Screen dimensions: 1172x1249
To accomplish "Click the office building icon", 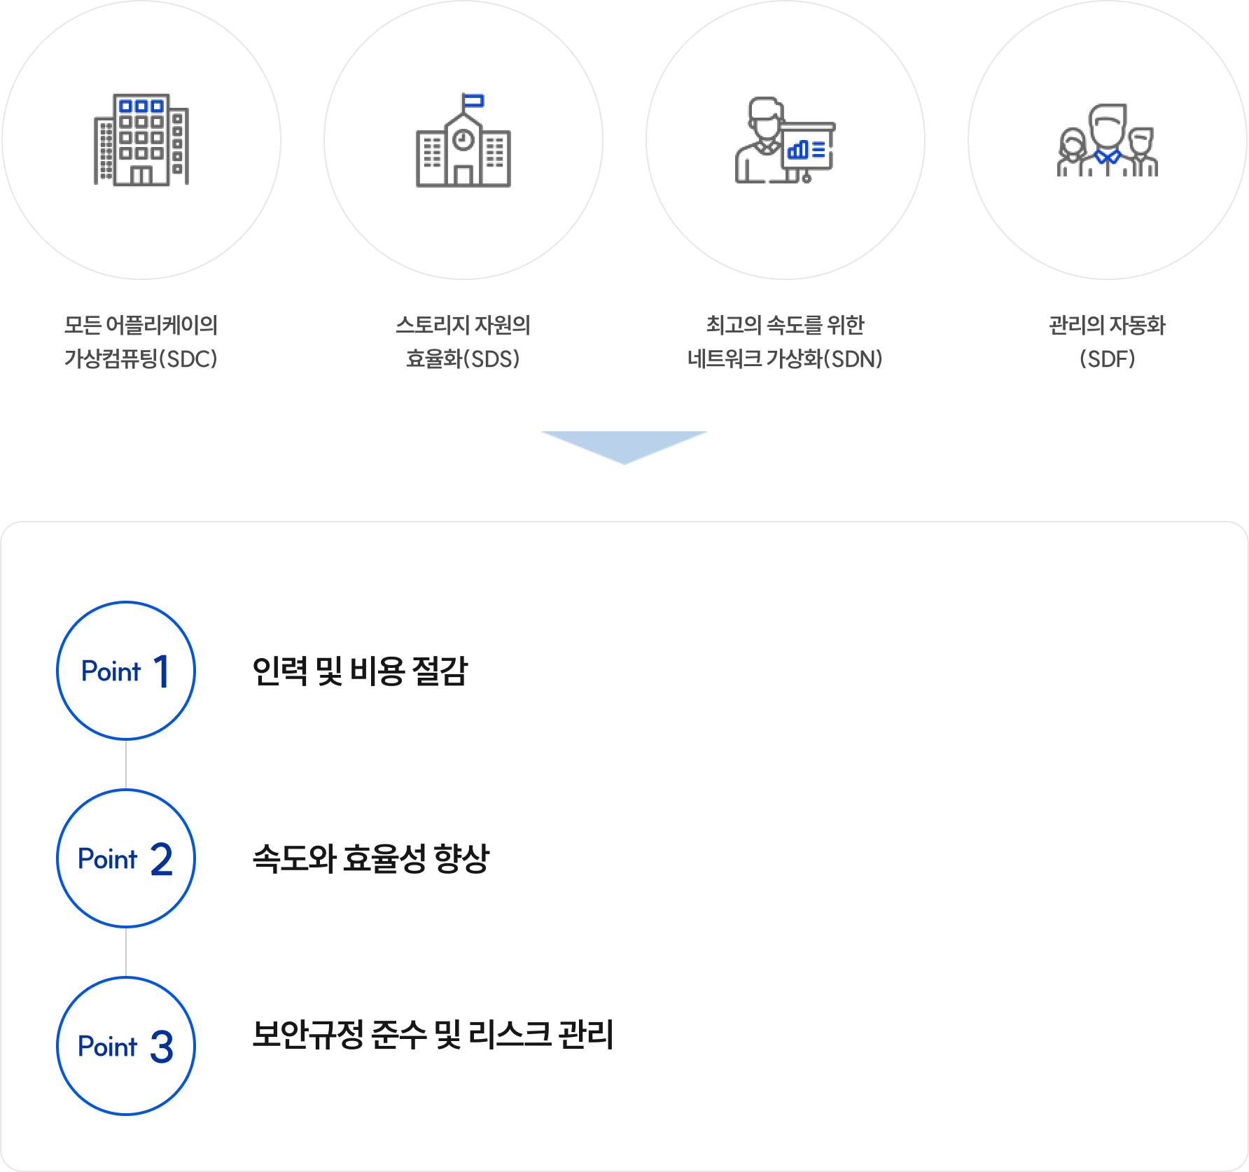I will [141, 139].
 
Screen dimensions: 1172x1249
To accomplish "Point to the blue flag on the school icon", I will [474, 101].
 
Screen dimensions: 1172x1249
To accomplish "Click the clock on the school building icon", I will [463, 140].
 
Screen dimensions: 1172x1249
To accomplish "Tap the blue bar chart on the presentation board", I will [798, 150].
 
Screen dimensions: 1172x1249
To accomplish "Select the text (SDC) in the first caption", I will [189, 359].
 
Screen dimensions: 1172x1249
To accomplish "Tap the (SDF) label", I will [1107, 359].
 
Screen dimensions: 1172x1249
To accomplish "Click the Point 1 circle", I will [126, 671].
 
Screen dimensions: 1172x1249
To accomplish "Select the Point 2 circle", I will [126, 858].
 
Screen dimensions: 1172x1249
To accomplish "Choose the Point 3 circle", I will [126, 1046].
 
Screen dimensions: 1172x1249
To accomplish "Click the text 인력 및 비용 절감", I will [360, 671].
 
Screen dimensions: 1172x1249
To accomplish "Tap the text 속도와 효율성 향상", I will [370, 858].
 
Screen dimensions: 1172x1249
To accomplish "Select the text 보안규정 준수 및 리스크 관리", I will [433, 1034].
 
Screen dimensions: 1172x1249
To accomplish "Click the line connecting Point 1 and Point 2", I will [126, 765].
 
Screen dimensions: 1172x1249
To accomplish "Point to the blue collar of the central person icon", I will [1107, 155].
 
